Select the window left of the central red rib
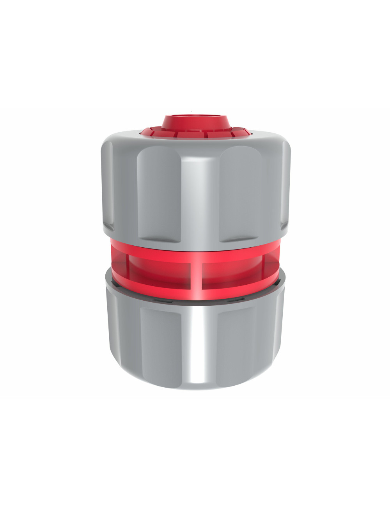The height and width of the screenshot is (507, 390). [160, 271]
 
